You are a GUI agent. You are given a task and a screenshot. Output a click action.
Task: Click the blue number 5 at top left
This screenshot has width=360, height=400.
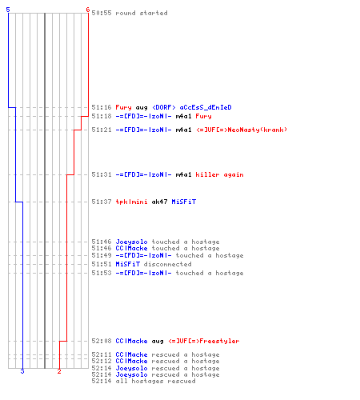click(8, 10)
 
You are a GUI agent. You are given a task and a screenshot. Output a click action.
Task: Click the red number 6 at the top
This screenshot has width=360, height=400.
click(88, 10)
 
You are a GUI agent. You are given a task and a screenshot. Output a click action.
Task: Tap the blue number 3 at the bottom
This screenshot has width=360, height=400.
click(22, 371)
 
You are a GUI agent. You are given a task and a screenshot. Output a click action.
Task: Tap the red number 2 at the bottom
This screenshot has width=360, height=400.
click(59, 371)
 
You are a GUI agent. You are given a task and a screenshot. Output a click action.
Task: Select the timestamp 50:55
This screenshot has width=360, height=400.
click(102, 13)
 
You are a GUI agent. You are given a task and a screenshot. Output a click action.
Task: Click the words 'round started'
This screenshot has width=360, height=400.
click(142, 13)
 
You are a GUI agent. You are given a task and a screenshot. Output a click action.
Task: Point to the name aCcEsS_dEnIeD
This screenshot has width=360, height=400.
click(206, 107)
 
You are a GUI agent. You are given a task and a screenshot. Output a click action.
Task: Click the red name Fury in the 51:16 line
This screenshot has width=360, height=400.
click(123, 107)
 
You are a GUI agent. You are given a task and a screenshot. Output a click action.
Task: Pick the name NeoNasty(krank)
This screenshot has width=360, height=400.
click(258, 130)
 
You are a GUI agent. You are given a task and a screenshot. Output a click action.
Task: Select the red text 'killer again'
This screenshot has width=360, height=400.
click(219, 174)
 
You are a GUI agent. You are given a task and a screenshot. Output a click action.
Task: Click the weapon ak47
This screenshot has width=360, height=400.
click(159, 202)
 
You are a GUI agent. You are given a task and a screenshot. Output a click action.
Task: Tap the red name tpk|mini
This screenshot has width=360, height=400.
click(131, 202)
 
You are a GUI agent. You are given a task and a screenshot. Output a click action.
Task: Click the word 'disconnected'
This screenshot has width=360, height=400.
click(167, 264)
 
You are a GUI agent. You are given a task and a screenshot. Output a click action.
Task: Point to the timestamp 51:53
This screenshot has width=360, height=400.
click(102, 273)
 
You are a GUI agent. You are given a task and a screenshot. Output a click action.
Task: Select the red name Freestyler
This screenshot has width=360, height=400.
click(219, 341)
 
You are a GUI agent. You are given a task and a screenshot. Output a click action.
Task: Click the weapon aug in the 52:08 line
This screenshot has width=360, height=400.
click(158, 342)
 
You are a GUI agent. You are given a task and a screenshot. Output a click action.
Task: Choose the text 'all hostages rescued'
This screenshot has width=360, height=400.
click(155, 381)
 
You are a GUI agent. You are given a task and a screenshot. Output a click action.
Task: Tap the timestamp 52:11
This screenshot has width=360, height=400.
click(102, 354)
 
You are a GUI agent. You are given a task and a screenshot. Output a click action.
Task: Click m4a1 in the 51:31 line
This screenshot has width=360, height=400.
click(183, 174)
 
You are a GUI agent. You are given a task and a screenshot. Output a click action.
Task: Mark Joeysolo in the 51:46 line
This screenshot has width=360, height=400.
click(131, 242)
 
